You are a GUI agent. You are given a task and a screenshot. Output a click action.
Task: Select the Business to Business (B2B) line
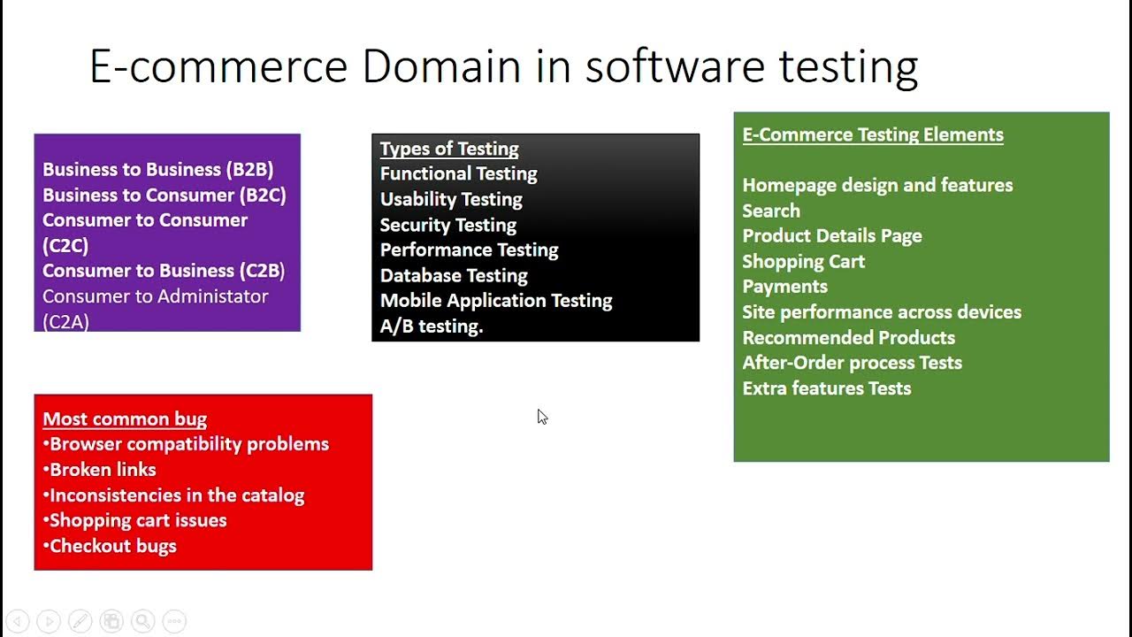pyautogui.click(x=157, y=169)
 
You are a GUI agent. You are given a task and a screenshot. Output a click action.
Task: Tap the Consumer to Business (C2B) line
pyautogui.click(x=164, y=271)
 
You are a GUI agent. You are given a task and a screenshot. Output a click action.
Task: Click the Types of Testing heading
pyautogui.click(x=449, y=149)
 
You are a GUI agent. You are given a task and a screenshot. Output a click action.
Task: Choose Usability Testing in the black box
pyautogui.click(x=451, y=199)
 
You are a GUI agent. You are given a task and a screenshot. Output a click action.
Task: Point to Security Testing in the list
pyautogui.click(x=447, y=225)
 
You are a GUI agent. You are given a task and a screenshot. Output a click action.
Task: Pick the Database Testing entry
pyautogui.click(x=454, y=275)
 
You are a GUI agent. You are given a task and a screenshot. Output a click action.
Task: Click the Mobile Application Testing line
pyautogui.click(x=496, y=301)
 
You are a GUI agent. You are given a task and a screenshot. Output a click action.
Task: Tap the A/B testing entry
pyautogui.click(x=432, y=326)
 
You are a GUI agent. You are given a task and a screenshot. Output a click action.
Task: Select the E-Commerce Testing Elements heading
pyautogui.click(x=873, y=134)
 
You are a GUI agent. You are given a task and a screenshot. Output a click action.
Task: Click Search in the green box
pyautogui.click(x=771, y=211)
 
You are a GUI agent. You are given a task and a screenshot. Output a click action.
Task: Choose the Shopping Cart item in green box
pyautogui.click(x=803, y=261)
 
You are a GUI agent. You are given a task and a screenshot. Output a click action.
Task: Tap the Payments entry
pyautogui.click(x=784, y=287)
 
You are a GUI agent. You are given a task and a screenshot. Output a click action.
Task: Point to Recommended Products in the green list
pyautogui.click(x=848, y=337)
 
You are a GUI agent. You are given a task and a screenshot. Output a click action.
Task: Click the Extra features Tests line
pyautogui.click(x=826, y=388)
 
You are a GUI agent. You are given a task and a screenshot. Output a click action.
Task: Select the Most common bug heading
pyautogui.click(x=125, y=419)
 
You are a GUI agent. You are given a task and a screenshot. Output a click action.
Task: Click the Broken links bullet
pyautogui.click(x=103, y=470)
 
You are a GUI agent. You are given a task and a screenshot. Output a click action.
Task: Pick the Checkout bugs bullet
pyautogui.click(x=112, y=546)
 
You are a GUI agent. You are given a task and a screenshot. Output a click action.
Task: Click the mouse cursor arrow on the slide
pyautogui.click(x=541, y=416)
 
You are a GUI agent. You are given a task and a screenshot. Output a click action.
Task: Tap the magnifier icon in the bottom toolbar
pyautogui.click(x=143, y=621)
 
